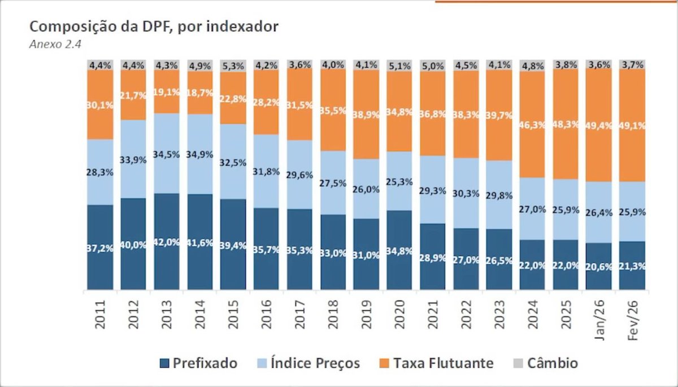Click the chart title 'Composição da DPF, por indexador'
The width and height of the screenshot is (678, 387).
(153, 27)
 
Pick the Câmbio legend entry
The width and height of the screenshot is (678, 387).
(544, 363)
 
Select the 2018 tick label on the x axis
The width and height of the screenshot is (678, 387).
(333, 317)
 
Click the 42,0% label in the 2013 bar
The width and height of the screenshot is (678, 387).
(167, 242)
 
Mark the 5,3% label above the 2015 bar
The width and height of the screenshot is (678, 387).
(234, 64)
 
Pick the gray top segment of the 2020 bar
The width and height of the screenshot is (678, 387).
(400, 65)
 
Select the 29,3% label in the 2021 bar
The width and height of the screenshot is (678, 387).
(433, 191)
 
